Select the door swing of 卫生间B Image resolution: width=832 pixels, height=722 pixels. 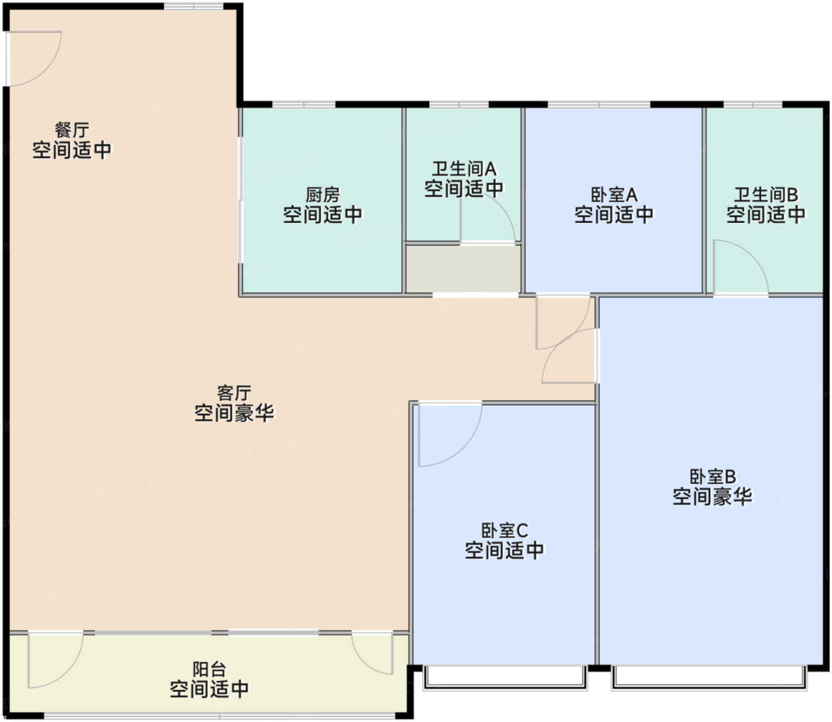[738, 267]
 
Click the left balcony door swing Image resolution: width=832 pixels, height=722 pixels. [53, 660]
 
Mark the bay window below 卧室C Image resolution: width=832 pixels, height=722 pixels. [505, 678]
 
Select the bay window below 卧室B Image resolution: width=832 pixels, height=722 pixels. [710, 678]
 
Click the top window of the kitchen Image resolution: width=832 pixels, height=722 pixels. [304, 105]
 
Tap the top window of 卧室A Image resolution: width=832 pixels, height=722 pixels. [599, 105]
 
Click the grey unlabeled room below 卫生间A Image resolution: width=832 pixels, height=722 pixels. [463, 268]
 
